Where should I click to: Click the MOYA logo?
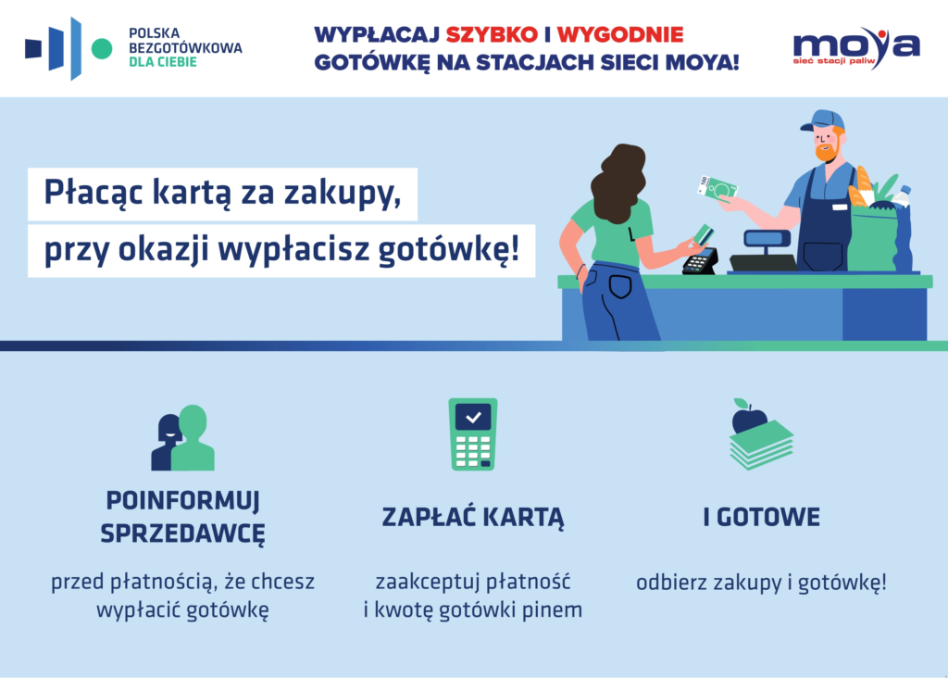(856, 47)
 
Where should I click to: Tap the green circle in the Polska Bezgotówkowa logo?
(102, 49)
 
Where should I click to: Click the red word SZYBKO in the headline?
(492, 35)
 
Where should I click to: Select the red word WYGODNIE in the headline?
(620, 35)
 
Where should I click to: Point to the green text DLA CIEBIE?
(163, 62)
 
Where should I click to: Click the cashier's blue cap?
(822, 119)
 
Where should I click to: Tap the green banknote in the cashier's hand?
(717, 189)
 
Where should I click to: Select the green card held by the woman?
(704, 234)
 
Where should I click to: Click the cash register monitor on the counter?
(766, 238)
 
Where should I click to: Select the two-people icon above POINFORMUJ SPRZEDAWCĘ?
(182, 437)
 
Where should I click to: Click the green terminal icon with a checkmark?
(473, 433)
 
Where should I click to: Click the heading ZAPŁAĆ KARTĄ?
(473, 519)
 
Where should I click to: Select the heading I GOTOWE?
(761, 517)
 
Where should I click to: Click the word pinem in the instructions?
(552, 610)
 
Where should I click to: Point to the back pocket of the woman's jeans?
(619, 286)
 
